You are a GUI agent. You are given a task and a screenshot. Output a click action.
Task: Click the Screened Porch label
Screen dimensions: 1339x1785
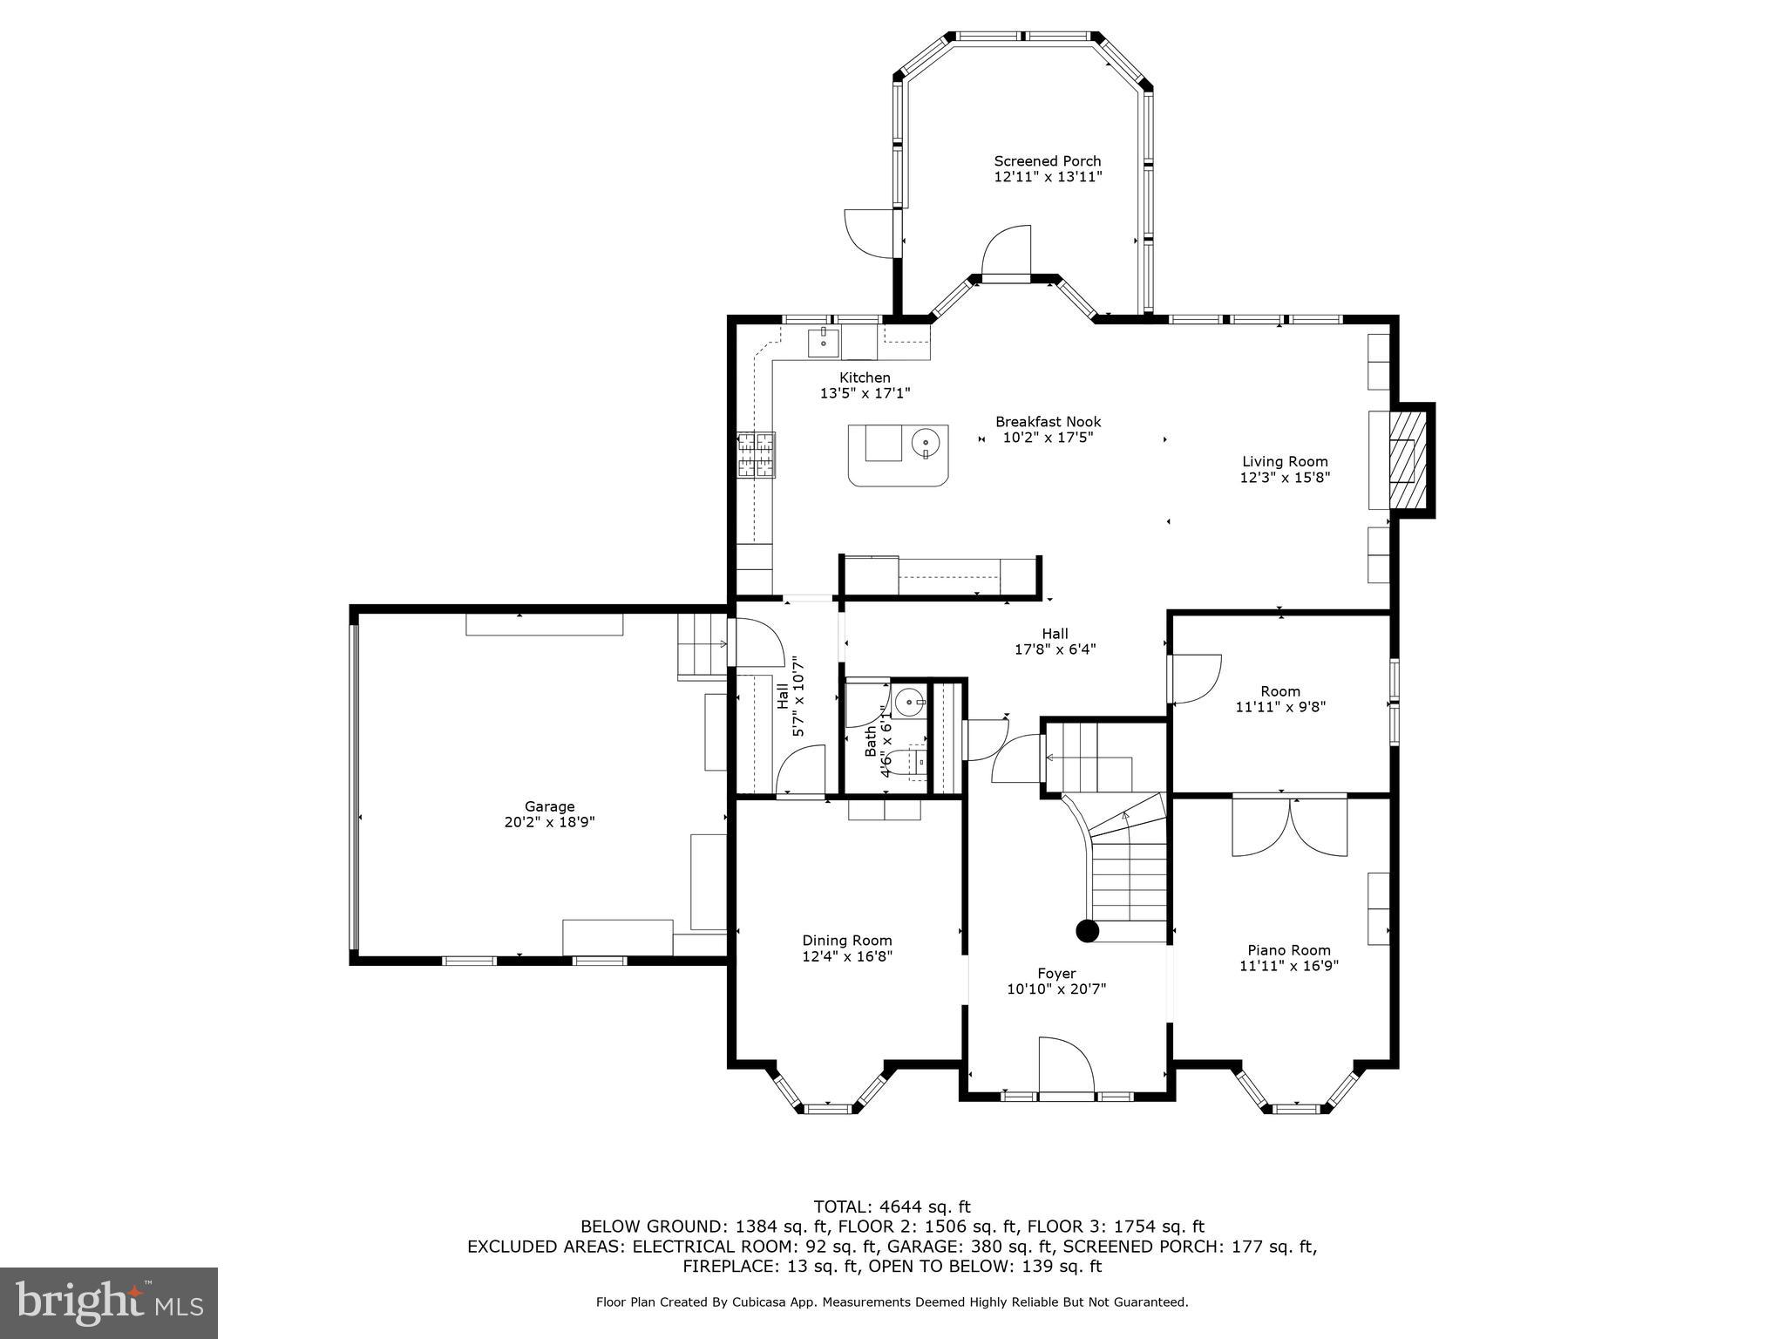pos(1048,161)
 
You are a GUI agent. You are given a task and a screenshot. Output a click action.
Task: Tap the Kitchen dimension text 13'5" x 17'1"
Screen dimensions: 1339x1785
pos(865,393)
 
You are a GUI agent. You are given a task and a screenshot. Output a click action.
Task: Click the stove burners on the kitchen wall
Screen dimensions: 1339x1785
pos(757,455)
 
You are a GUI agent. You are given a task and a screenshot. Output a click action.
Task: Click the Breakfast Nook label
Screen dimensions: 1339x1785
pos(1048,422)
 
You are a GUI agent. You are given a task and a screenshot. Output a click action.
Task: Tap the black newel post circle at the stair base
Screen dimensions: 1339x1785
pos(1087,931)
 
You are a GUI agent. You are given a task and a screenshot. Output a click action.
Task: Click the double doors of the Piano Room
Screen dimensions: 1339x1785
pos(1289,826)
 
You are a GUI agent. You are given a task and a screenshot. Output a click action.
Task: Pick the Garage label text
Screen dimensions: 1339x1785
pos(549,806)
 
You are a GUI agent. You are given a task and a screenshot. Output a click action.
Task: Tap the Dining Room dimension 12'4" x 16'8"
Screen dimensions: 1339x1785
pos(847,956)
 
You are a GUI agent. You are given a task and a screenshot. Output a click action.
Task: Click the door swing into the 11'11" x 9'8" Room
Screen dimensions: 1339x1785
pos(1194,679)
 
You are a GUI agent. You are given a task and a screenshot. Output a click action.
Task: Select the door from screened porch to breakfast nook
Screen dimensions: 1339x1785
pos(1007,253)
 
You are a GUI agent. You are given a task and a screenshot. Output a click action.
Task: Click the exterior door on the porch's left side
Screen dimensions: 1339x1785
pos(870,233)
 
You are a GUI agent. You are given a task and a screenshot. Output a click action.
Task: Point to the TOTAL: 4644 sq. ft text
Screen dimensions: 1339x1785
pos(892,1206)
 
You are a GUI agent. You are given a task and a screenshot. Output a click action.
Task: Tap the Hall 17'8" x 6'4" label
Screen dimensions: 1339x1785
pos(1055,642)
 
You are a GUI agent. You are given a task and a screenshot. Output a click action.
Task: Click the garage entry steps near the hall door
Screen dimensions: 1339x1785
pos(702,645)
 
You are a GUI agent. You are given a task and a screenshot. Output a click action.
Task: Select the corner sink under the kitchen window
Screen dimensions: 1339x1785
pos(824,343)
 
